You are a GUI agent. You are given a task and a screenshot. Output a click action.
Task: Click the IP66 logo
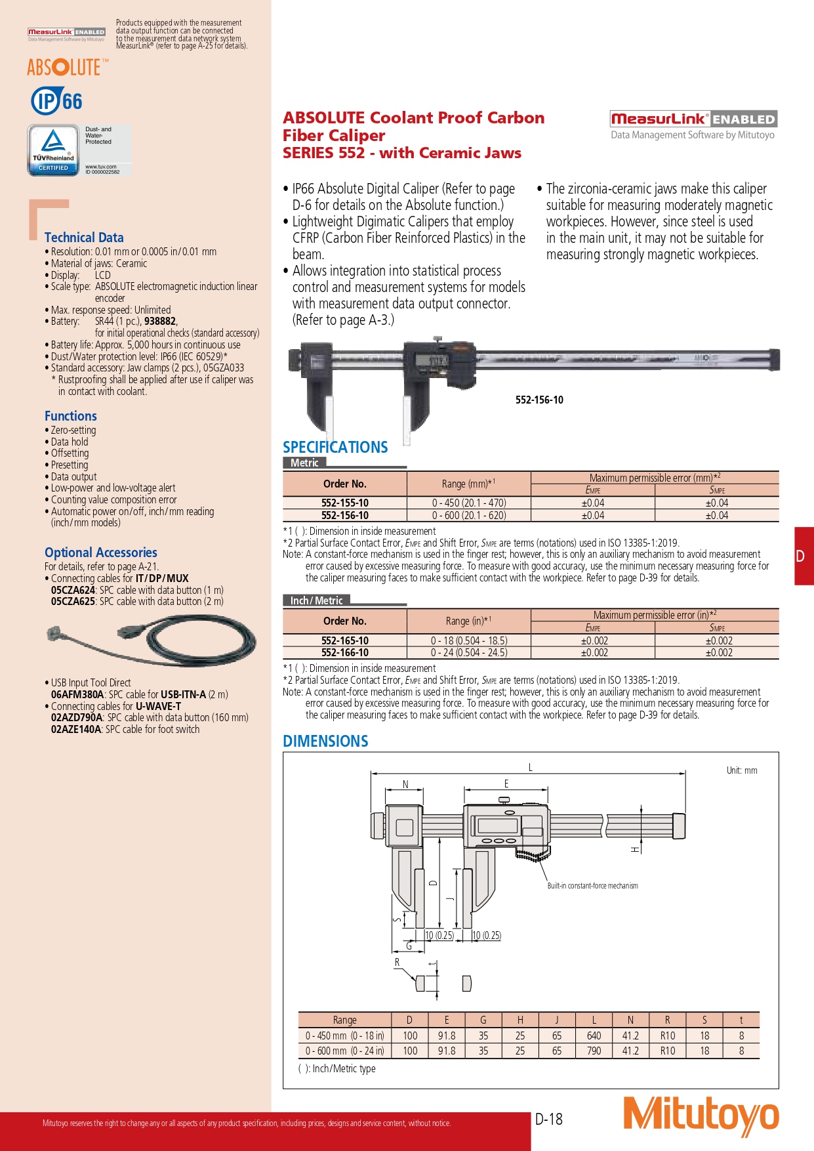57,101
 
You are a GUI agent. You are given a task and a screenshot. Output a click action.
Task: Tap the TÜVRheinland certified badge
53,150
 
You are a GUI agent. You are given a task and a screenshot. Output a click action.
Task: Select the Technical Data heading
84,238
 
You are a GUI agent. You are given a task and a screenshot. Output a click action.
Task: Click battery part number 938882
160,322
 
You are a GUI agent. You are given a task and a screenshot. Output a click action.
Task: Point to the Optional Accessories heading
101,553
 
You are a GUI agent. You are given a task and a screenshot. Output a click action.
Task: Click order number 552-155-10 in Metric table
345,503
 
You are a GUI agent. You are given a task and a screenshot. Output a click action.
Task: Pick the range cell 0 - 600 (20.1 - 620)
469,516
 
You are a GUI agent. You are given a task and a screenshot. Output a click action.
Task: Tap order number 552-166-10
345,653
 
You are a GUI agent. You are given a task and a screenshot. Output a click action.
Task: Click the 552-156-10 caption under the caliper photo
539,400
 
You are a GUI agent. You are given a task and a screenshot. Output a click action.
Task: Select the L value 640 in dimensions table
594,1036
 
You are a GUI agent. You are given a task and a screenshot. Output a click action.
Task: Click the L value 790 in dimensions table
594,1051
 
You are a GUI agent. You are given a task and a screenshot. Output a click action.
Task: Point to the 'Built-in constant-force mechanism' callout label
592,886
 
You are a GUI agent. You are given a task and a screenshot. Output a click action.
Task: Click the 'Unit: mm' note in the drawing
741,770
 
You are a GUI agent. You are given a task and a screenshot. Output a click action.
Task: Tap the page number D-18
549,1120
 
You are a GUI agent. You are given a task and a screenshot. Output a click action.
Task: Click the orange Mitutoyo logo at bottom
701,1116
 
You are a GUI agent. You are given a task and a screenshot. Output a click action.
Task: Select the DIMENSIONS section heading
325,742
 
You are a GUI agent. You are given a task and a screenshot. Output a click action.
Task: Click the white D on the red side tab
800,556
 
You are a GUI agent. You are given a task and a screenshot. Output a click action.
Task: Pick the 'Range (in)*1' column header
468,621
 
